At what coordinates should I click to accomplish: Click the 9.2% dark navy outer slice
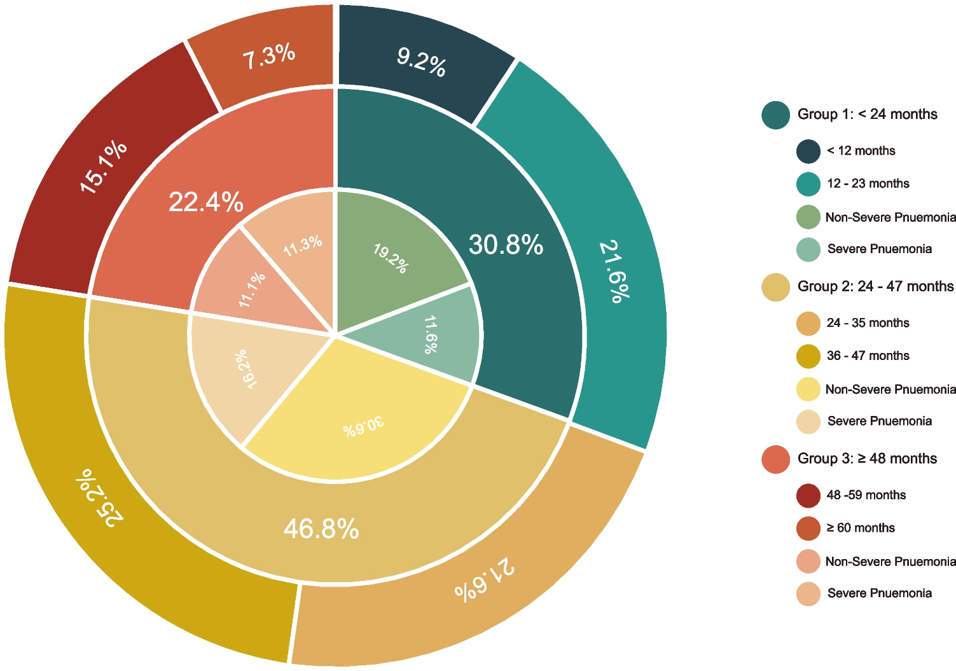pyautogui.click(x=421, y=62)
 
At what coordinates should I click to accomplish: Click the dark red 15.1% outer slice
pyautogui.click(x=103, y=167)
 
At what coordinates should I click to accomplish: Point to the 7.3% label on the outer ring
pyautogui.click(x=268, y=57)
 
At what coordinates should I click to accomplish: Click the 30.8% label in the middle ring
pyautogui.click(x=506, y=245)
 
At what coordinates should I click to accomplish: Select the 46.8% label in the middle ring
pyautogui.click(x=321, y=529)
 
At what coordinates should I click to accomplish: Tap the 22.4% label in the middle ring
pyautogui.click(x=205, y=202)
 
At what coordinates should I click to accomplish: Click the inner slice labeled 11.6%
pyautogui.click(x=431, y=335)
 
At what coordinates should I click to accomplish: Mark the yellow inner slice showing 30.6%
pyautogui.click(x=364, y=426)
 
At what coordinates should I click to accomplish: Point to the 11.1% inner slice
pyautogui.click(x=252, y=290)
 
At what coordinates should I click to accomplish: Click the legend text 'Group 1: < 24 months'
pyautogui.click(x=867, y=114)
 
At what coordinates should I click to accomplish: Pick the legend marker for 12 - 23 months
pyautogui.click(x=808, y=184)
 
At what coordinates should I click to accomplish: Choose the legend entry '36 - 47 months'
pyautogui.click(x=868, y=356)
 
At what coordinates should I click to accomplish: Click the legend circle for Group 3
pyautogui.click(x=776, y=459)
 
